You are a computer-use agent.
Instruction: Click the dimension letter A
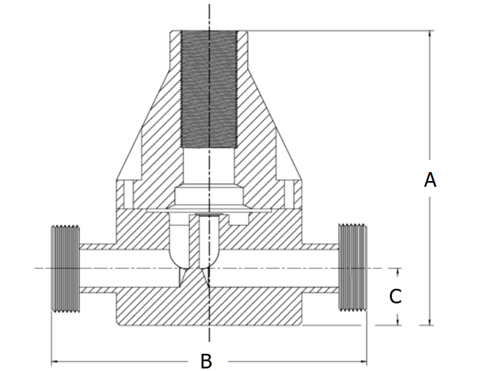point(430,180)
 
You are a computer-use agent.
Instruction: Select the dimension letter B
point(206,361)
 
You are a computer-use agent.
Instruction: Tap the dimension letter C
point(396,296)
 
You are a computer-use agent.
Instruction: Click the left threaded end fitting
point(63,268)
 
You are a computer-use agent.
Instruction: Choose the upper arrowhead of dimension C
point(398,272)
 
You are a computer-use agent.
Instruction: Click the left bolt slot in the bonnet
point(124,191)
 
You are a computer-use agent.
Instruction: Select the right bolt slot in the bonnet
point(293,191)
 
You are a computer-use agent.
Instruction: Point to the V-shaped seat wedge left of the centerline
point(184,275)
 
